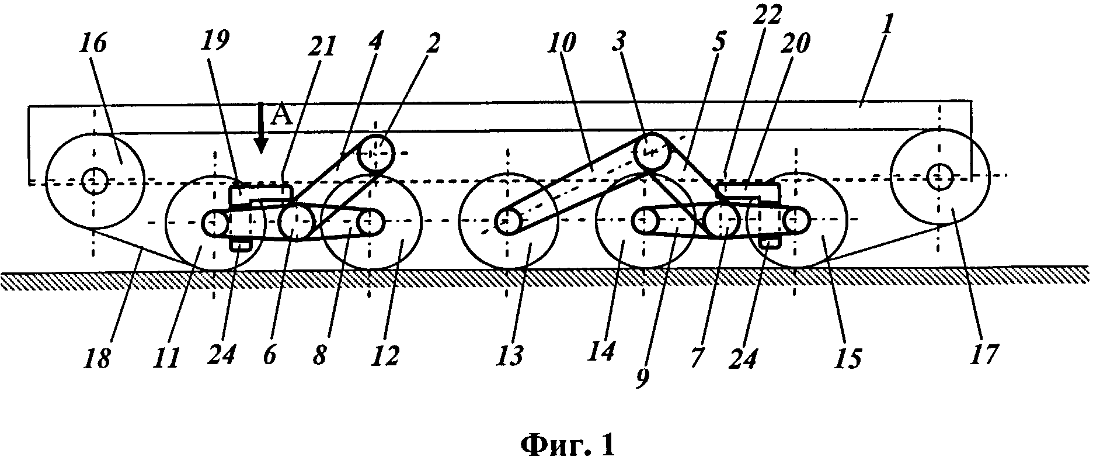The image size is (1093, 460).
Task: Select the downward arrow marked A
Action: (x=261, y=132)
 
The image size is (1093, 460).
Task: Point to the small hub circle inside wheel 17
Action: (x=938, y=175)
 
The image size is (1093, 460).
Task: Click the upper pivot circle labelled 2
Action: (x=376, y=153)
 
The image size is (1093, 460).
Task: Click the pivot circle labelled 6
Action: (x=296, y=222)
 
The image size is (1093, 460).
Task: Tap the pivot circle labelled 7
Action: (x=722, y=222)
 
